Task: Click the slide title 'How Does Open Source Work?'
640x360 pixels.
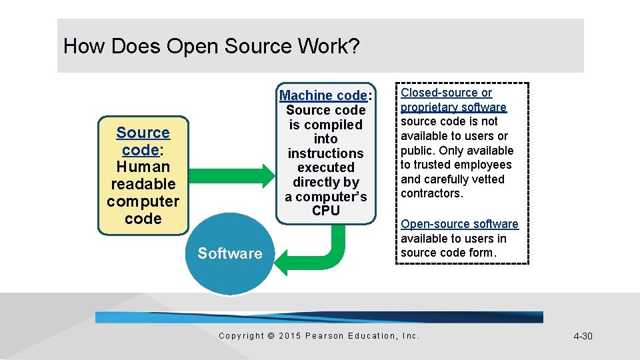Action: pos(211,47)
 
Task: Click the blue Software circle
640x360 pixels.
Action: pos(229,254)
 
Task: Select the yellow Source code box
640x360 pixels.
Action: pos(143,176)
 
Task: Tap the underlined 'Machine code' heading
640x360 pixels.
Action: pos(323,95)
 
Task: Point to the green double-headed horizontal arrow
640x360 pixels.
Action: pos(233,175)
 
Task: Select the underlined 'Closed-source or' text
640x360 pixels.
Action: pos(446,93)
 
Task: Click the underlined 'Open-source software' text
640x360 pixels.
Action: pos(459,224)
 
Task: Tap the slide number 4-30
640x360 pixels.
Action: pos(583,336)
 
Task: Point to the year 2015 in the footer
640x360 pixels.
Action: pos(289,336)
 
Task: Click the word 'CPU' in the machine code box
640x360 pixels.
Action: pos(325,211)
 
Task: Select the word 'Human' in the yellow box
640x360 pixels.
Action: pos(143,167)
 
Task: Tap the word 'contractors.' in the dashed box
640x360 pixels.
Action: pos(431,193)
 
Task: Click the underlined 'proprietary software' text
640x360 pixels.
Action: pos(453,107)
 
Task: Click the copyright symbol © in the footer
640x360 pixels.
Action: pos(271,336)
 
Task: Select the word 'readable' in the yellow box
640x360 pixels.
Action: pos(143,184)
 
